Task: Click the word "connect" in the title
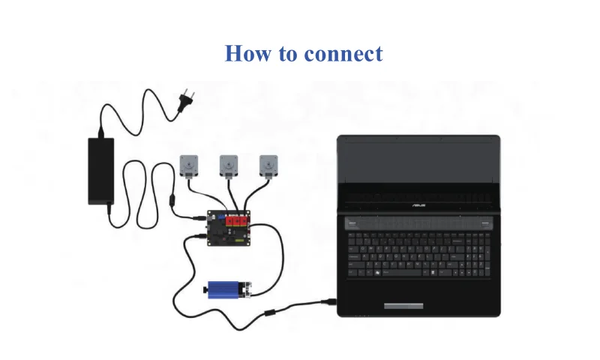[343, 54]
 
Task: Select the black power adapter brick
[101, 170]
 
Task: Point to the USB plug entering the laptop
[328, 302]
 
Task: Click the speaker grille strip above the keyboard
[418, 223]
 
